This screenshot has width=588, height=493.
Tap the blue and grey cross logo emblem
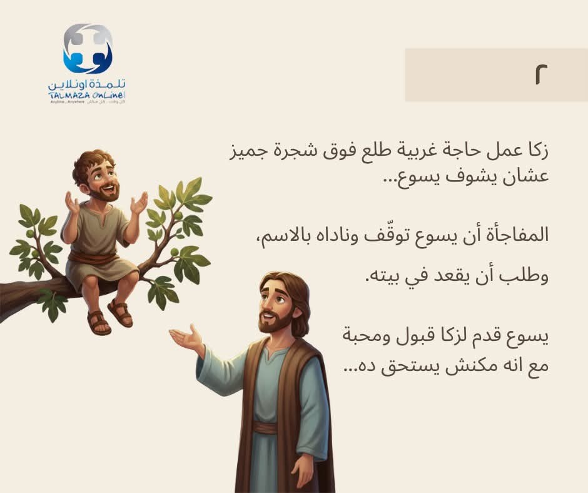88,49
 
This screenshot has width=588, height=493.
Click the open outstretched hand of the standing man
186,337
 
